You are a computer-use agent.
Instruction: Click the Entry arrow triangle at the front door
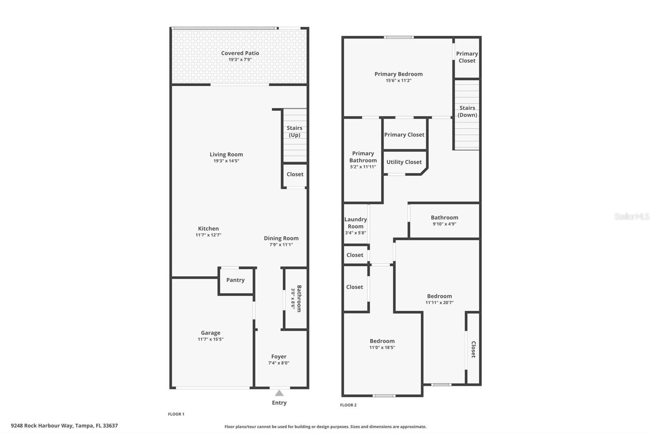pos(279,393)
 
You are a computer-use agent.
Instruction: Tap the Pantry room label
pos(235,280)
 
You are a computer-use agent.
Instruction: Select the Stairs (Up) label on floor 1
pos(294,131)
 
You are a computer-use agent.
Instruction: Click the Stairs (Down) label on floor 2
pos(467,111)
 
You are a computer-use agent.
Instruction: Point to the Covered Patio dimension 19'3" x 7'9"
pos(240,60)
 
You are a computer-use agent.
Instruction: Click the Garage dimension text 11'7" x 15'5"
pos(210,339)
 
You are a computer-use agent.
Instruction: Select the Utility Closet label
pos(404,162)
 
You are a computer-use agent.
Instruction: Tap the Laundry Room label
pos(356,223)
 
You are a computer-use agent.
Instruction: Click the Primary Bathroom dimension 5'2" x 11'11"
pos(363,167)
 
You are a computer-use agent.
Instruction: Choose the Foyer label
pos(279,357)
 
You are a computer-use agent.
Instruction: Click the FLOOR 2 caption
pos(348,405)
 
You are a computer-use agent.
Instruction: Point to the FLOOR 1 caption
pos(176,414)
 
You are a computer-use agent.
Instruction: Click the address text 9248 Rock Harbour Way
pos(64,426)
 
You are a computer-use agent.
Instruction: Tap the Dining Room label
pos(281,238)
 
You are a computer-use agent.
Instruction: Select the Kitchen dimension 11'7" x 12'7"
pos(208,235)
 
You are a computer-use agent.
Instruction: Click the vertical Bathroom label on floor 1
pos(299,298)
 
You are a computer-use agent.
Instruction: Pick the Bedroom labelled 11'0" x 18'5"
pos(382,341)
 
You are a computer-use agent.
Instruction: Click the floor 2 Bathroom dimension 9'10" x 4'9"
pos(444,224)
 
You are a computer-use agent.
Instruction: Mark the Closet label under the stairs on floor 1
pos(295,174)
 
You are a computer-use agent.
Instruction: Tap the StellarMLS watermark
pos(631,216)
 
